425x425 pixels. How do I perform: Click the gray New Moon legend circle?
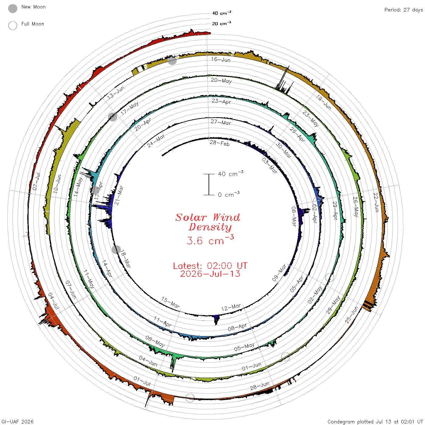point(13,8)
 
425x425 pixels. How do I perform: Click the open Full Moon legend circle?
point(13,25)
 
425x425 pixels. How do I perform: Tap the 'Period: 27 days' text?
point(403,10)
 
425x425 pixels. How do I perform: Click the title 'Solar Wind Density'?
point(208,222)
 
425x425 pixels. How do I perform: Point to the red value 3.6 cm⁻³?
point(210,240)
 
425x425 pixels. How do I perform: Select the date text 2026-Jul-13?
point(210,274)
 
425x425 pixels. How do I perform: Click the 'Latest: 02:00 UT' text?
point(210,266)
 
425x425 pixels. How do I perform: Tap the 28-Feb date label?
point(219,143)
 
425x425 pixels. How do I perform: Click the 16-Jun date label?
point(221,59)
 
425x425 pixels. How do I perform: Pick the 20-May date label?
point(221,81)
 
